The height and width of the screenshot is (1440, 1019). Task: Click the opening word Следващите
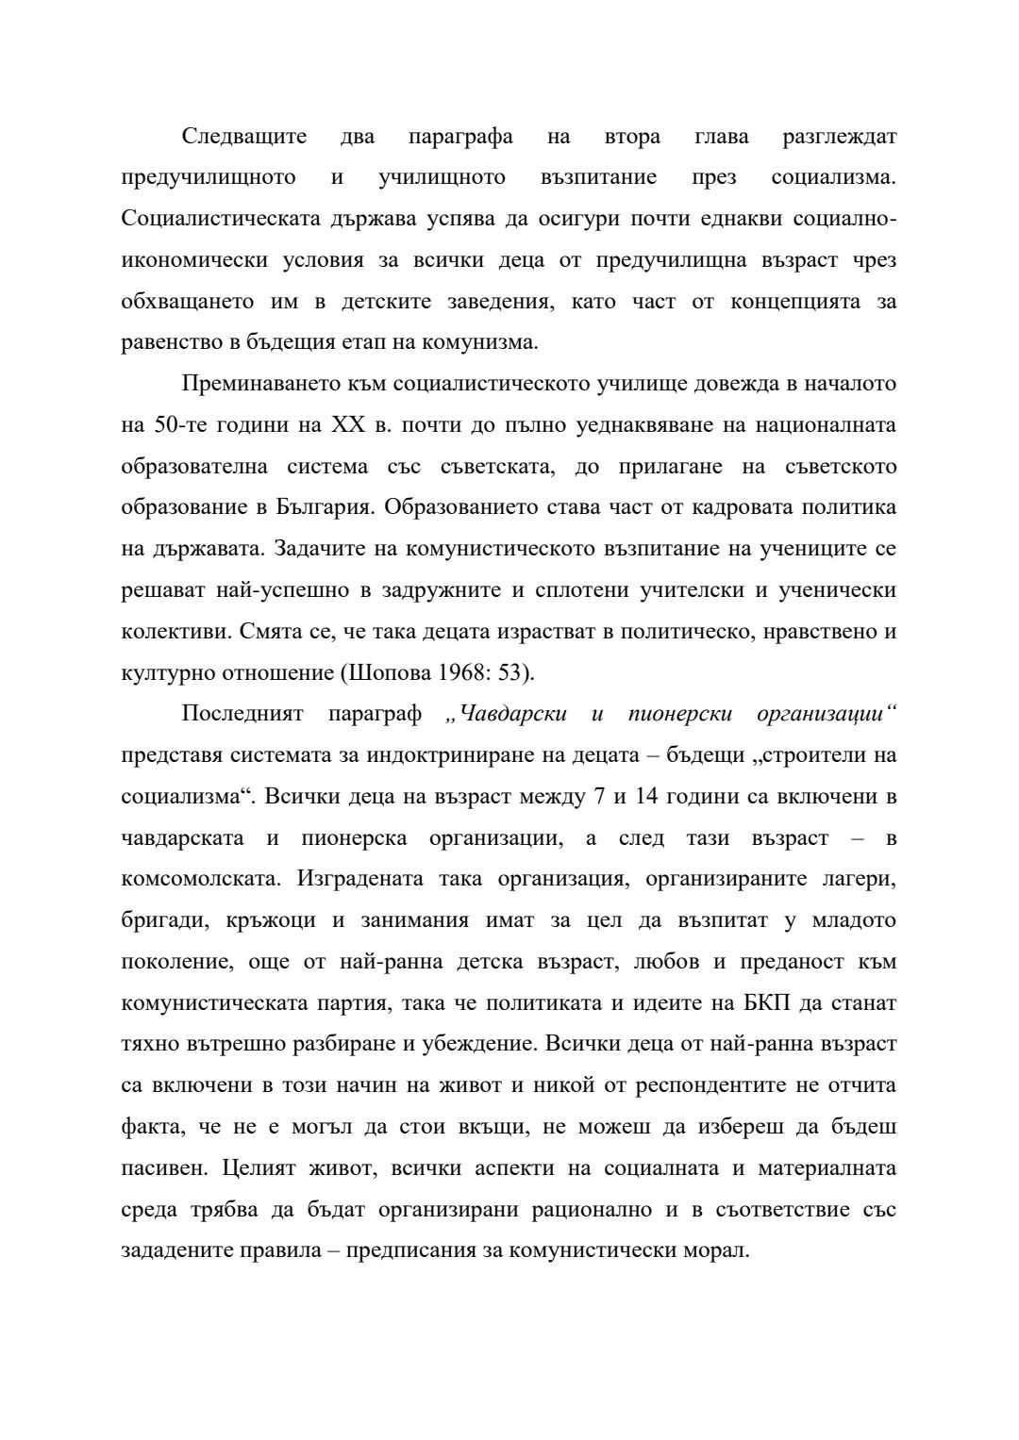tap(244, 137)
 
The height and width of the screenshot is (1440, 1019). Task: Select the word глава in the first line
tap(722, 137)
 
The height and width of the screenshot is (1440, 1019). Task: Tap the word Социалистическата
tap(220, 219)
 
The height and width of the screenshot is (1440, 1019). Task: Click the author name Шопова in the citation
tap(391, 672)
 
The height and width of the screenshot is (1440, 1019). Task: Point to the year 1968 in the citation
tap(461, 672)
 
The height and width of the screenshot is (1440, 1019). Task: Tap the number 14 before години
tap(646, 797)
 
